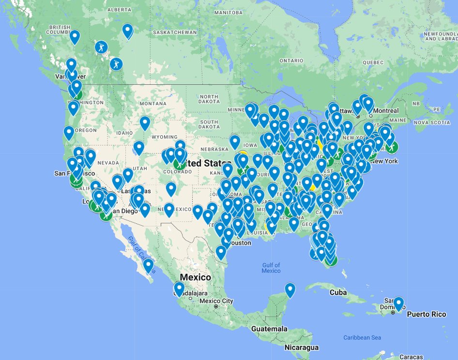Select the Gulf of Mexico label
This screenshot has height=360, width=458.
[x=271, y=267]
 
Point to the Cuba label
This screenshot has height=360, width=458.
[x=338, y=292]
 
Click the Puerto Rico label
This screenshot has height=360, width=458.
[x=426, y=314]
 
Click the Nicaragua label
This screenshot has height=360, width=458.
[x=302, y=347]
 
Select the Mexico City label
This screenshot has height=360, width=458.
[x=216, y=301]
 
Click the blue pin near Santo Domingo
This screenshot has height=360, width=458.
[x=398, y=304]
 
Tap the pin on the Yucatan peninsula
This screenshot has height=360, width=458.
[x=290, y=290]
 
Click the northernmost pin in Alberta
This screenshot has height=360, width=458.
[x=128, y=31]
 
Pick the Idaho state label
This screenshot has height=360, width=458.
[x=124, y=133]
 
